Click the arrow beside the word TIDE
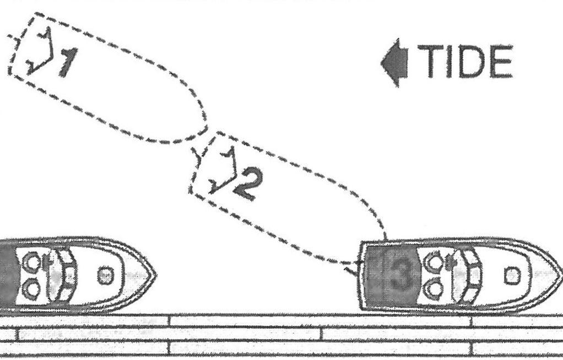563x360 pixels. (394, 64)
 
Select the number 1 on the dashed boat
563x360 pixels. (68, 62)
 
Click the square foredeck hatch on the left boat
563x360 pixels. (105, 275)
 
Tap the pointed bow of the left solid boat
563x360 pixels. (154, 274)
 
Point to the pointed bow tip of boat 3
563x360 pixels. (559, 274)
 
